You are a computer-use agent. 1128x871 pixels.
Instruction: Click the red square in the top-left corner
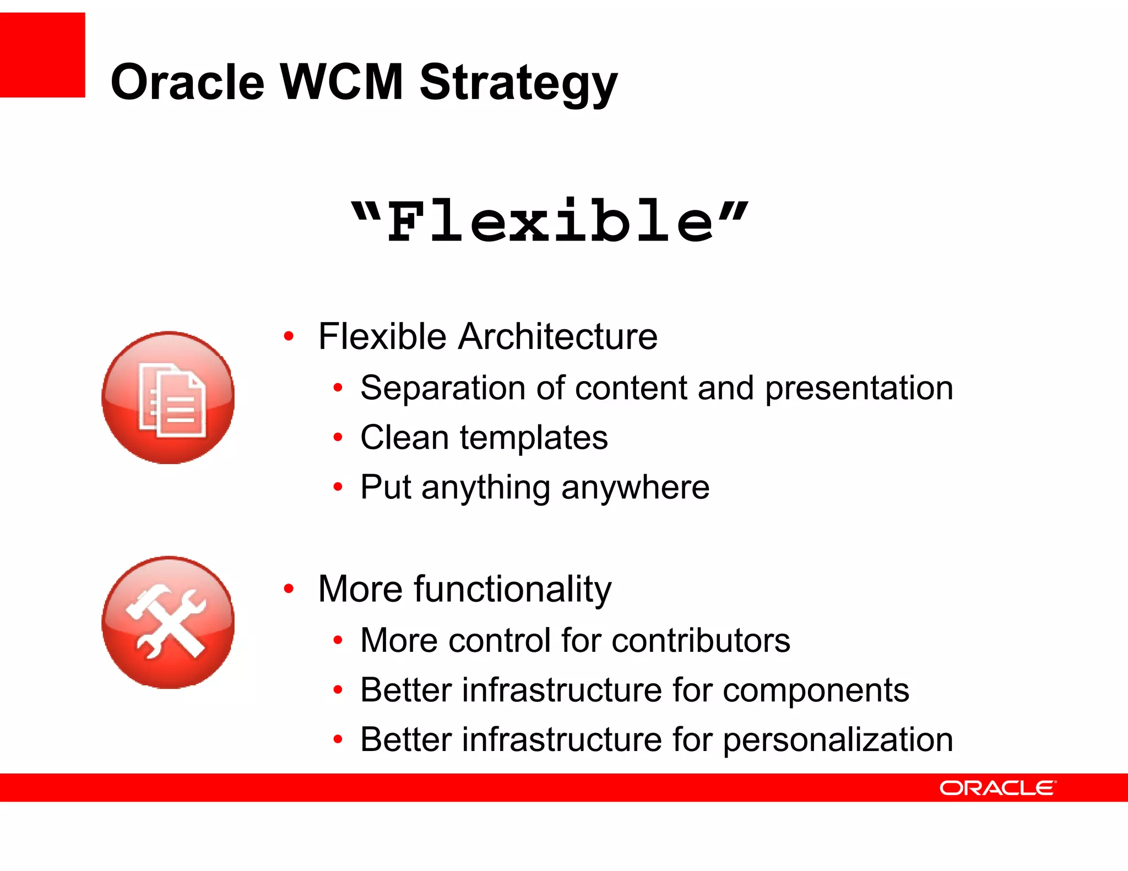42,55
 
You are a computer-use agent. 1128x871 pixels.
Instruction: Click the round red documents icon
169,398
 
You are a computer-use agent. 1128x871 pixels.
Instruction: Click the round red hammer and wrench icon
169,622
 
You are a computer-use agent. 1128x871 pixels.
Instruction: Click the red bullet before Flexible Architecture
289,336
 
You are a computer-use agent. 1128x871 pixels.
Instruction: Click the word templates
534,438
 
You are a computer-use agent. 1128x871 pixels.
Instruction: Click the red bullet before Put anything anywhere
338,487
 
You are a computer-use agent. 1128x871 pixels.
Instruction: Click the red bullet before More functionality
289,589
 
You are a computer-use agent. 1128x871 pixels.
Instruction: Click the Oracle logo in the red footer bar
997,788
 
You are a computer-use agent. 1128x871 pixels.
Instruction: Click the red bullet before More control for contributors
338,640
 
